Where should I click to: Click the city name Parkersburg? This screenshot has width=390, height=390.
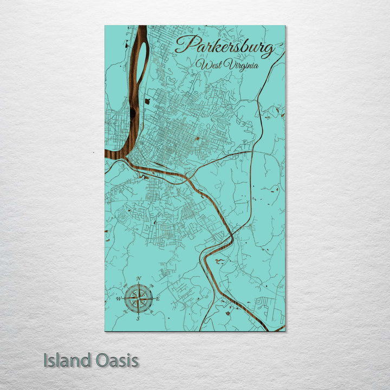(224, 48)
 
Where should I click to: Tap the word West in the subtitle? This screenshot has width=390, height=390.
(209, 64)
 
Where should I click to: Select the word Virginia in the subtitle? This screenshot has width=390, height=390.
(241, 66)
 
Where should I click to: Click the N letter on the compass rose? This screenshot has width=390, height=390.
(139, 279)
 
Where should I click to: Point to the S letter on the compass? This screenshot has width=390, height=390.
(138, 318)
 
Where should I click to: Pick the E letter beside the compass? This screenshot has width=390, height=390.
(158, 299)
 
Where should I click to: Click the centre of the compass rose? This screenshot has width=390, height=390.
(138, 298)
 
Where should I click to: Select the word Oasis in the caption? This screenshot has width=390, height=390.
(115, 360)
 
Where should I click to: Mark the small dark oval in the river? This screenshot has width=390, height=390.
(133, 113)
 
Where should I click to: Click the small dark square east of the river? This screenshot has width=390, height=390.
(147, 100)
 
